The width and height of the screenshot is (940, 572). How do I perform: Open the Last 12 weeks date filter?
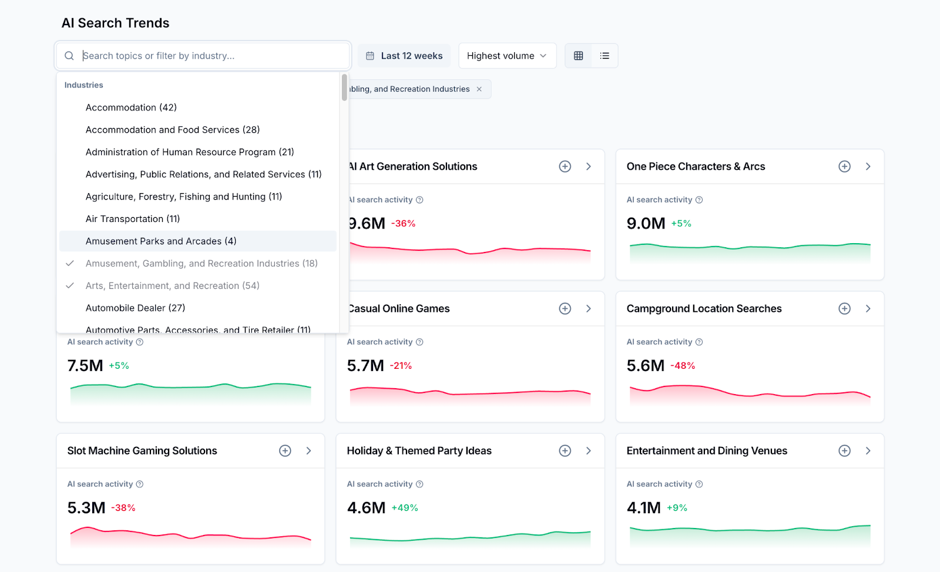tap(404, 56)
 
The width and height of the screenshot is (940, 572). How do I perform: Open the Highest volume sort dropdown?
tap(506, 56)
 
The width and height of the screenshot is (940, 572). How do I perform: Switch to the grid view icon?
tap(578, 56)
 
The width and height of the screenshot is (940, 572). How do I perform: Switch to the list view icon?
tap(605, 56)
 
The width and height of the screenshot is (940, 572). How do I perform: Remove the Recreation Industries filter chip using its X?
tap(479, 89)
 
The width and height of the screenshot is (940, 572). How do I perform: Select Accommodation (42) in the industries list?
tap(131, 107)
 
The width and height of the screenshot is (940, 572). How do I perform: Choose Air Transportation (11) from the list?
tap(133, 219)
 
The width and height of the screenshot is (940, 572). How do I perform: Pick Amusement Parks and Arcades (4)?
tap(161, 241)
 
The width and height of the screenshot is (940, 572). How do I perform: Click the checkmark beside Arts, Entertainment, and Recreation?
tap(70, 286)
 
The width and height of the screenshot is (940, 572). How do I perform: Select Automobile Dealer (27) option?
tap(135, 308)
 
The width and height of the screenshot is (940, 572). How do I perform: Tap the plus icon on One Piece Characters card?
tap(844, 167)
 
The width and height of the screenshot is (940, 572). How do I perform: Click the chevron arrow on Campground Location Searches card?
tap(868, 309)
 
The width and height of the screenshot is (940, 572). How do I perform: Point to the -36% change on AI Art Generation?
tap(404, 224)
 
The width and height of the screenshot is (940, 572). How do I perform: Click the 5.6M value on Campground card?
tap(645, 366)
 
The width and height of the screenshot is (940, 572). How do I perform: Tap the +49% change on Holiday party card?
tap(405, 508)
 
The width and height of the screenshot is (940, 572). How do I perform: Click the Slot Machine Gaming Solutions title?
tap(142, 451)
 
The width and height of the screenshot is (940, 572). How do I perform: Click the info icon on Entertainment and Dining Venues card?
tap(699, 484)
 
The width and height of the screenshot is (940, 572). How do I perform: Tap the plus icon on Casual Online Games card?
tap(565, 309)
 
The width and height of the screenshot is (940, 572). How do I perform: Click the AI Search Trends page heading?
tap(115, 23)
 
